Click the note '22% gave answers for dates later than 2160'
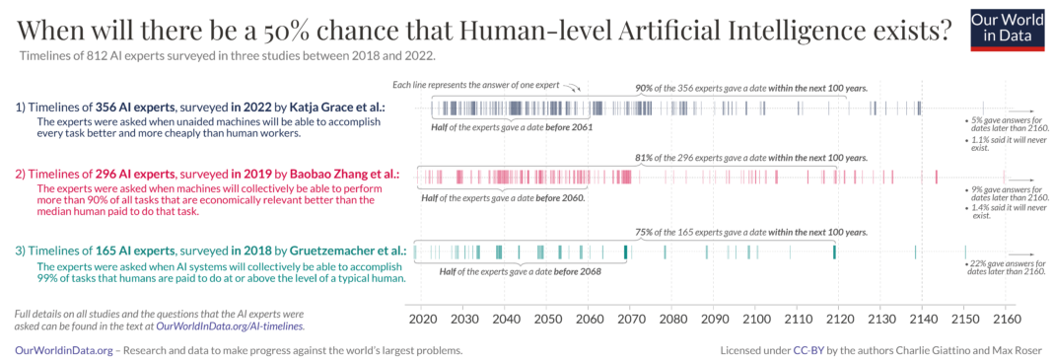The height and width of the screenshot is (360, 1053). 1005,267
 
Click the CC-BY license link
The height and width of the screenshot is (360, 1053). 807,349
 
